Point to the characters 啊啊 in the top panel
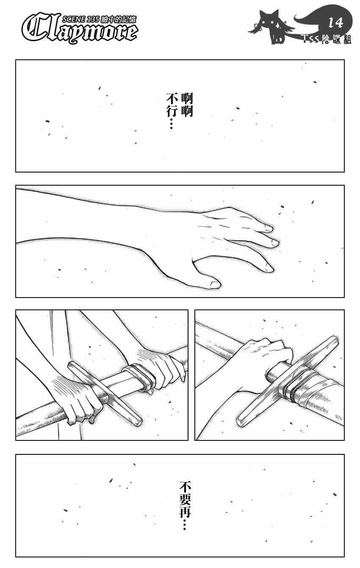pos(187,105)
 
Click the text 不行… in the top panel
pos(171,111)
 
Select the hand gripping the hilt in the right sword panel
pos(263,360)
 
